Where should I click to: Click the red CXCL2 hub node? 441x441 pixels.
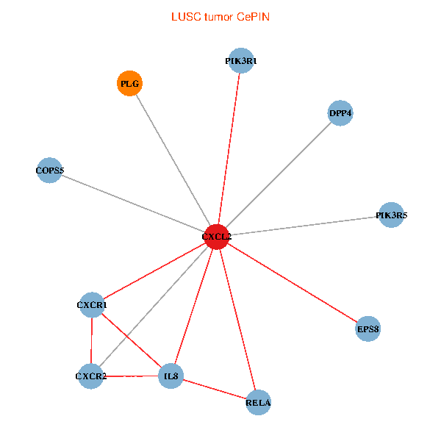216,237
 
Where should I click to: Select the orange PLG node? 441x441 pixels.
130,84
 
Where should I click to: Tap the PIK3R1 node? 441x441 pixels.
241,61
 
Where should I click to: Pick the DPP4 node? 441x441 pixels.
340,113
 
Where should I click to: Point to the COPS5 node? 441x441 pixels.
49,171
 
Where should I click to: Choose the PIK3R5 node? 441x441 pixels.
391,215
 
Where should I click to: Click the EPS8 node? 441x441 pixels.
367,329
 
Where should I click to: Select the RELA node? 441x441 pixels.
258,402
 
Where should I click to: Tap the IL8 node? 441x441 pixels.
171,377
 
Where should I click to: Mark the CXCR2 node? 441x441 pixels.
90,377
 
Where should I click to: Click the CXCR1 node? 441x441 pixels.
91,304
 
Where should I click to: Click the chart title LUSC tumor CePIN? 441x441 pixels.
220,16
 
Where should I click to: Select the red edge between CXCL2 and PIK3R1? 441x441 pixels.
229,149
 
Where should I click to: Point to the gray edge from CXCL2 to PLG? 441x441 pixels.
173,160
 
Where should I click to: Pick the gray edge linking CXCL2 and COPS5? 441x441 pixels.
132,204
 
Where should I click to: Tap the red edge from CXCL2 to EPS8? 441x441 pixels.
292,282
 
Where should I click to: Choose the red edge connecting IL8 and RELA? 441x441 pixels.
215,390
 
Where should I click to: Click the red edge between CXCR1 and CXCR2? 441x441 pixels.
90,341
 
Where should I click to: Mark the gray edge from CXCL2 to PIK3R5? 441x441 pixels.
304,226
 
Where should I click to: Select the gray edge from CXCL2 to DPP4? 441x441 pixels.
278,175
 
